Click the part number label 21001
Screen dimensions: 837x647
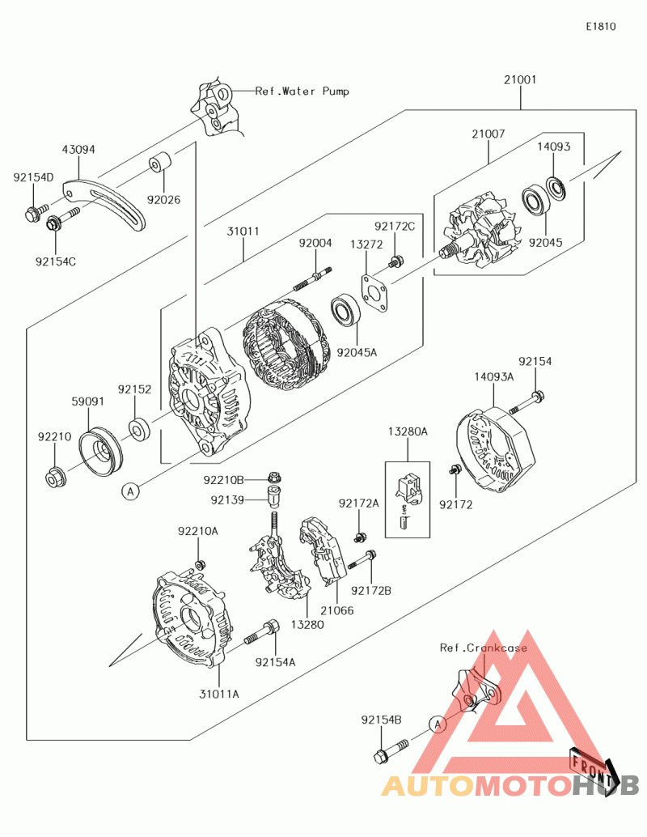[520, 80]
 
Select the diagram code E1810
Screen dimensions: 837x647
[601, 27]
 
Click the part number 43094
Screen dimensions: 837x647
[78, 150]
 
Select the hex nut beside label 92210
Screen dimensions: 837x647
[55, 478]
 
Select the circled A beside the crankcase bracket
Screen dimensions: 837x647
[437, 724]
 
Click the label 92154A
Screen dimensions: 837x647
[275, 661]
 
